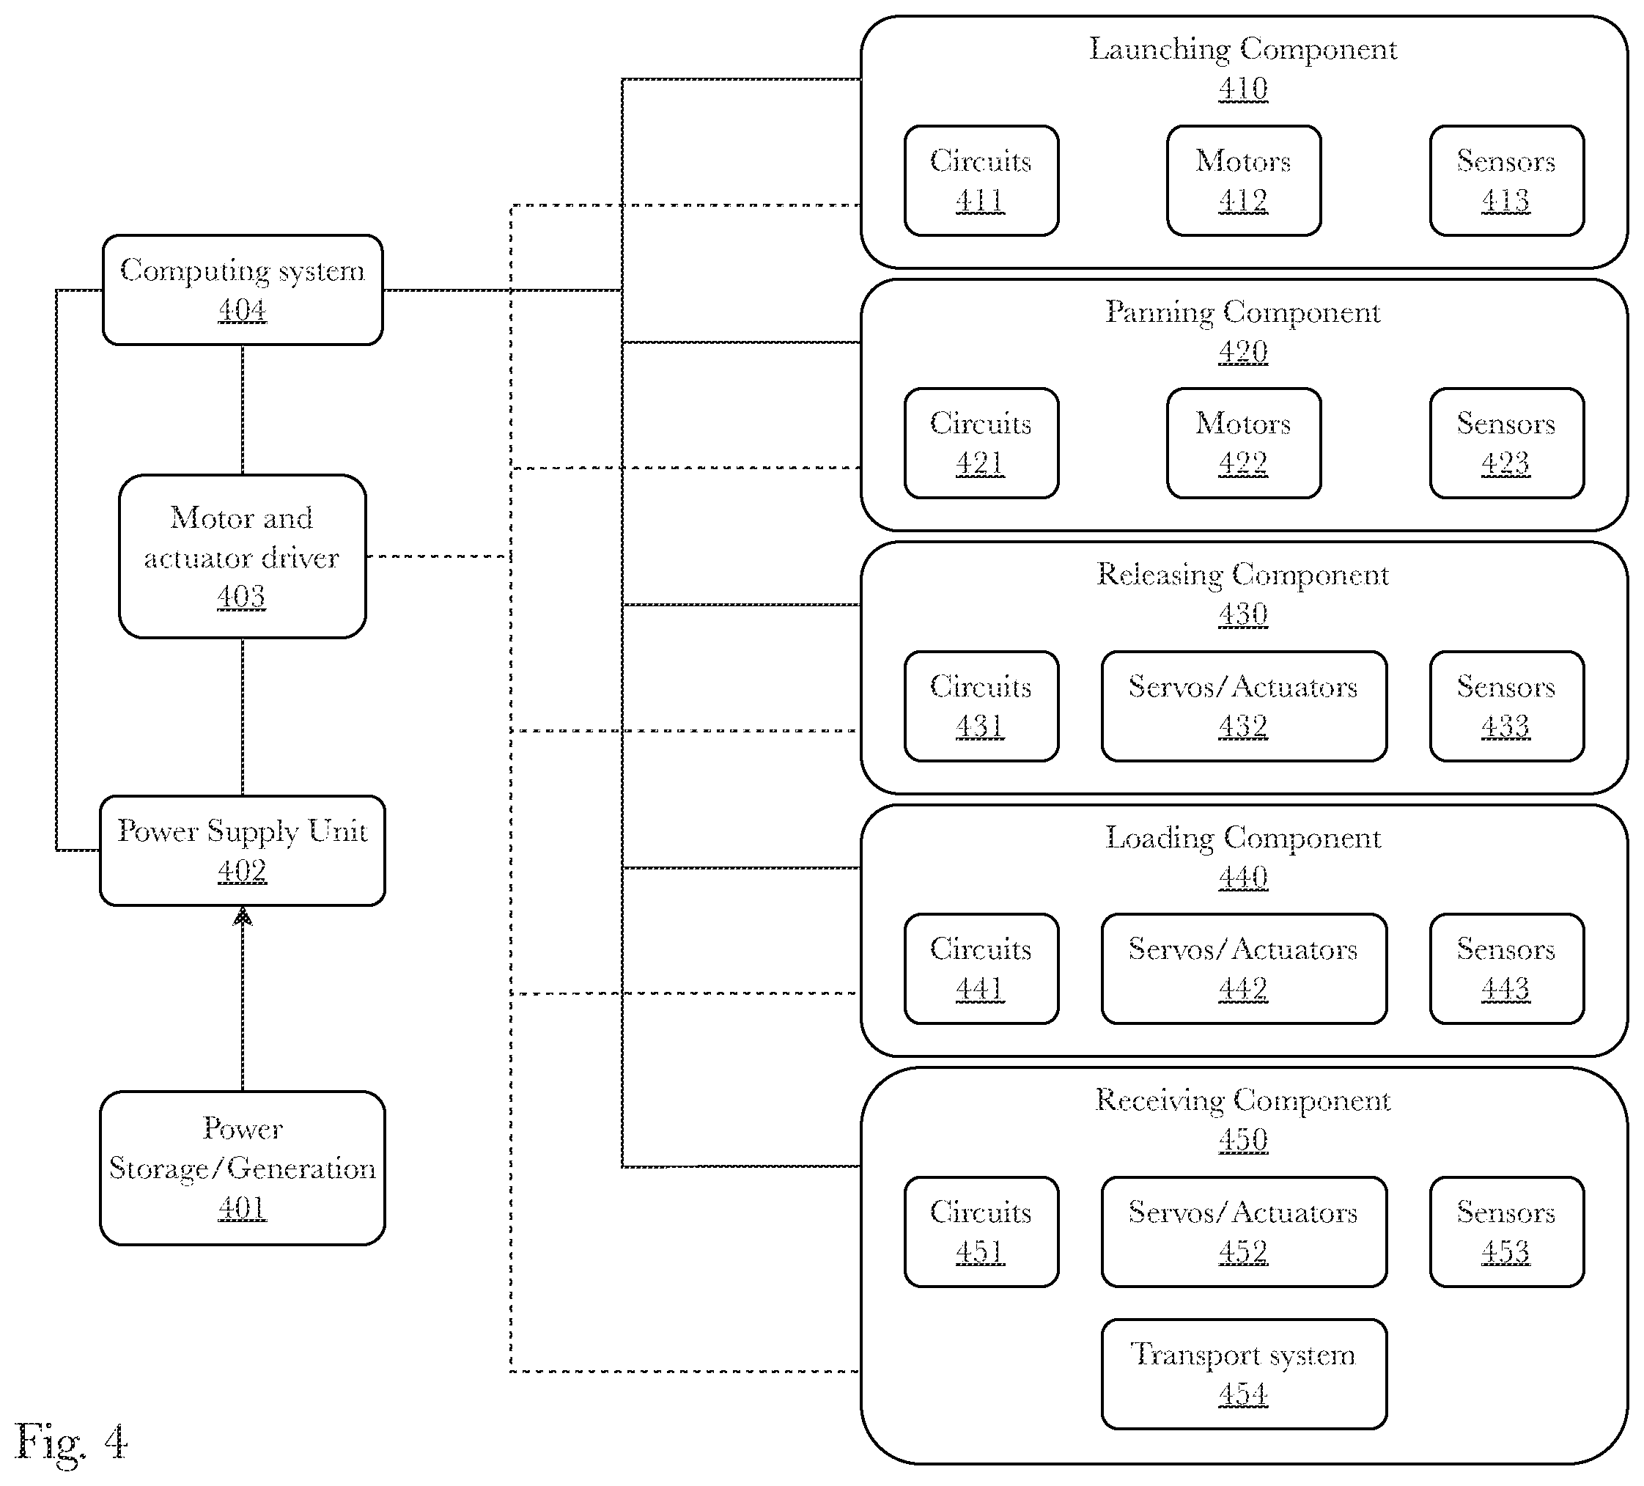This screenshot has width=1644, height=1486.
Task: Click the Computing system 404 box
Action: [242, 290]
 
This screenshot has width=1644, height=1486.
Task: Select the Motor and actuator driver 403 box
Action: [242, 556]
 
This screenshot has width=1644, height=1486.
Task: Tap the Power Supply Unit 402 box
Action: [242, 850]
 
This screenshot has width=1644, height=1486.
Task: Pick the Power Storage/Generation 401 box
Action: [242, 1168]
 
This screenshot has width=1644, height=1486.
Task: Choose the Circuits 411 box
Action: [981, 180]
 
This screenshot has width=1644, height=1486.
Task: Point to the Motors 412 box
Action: [1244, 180]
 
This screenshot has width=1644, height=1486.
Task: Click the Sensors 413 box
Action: [1507, 180]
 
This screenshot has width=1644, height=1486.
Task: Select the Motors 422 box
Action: [1244, 443]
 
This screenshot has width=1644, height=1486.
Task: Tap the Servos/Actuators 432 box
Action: [1244, 706]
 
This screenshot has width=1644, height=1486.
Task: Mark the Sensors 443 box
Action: [1507, 969]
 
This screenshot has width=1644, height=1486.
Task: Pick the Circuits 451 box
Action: [981, 1232]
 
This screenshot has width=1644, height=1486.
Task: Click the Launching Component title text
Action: [1243, 50]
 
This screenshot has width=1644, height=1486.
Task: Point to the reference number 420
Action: [1243, 351]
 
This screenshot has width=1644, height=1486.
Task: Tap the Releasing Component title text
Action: [1243, 575]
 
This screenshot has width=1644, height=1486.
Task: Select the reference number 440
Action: [1243, 878]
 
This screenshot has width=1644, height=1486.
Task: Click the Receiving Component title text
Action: [1243, 1101]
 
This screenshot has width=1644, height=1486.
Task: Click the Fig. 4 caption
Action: [71, 1443]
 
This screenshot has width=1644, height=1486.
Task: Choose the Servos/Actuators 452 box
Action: [1244, 1232]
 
